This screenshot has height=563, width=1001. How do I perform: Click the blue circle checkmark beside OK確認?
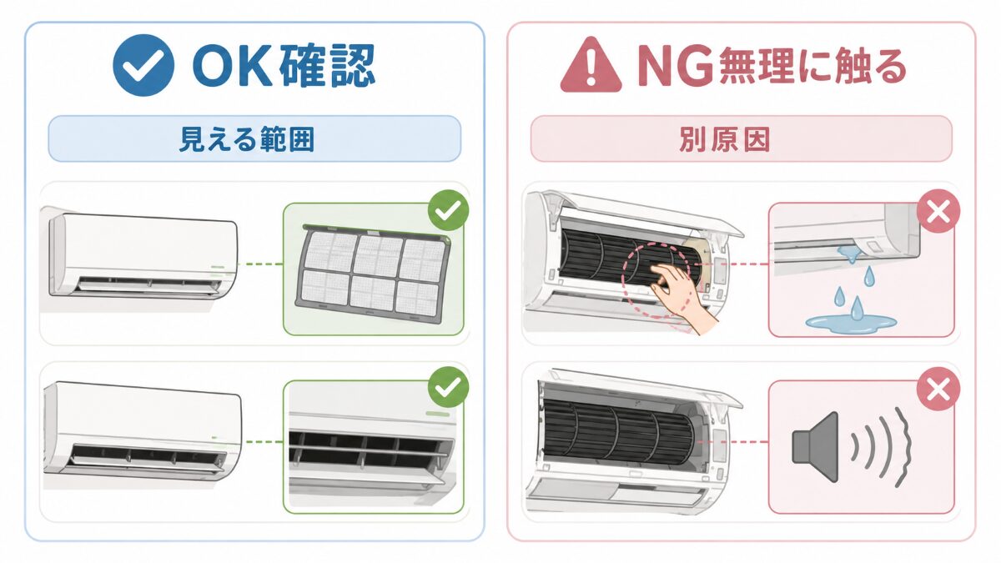point(143,65)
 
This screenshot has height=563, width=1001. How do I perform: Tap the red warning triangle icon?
point(591,65)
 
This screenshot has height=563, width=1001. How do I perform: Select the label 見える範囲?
point(247,139)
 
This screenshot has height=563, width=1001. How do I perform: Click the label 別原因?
point(724,139)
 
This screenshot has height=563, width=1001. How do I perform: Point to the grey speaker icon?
point(815,447)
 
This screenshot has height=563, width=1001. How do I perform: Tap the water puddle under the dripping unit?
point(851,323)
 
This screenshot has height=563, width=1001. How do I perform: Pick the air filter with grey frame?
point(373,274)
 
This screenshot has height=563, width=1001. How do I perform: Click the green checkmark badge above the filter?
point(448,210)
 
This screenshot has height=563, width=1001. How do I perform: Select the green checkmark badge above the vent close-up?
point(448,387)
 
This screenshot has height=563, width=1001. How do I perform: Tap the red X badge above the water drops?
point(938,211)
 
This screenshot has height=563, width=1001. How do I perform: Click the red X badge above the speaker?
point(938,389)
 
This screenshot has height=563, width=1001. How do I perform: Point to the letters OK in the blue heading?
point(232,66)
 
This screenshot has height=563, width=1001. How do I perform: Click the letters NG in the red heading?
point(675,66)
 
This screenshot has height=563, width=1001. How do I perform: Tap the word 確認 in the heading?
point(327,66)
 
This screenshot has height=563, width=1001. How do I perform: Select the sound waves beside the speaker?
point(880,447)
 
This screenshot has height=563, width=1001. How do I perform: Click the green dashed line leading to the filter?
point(260,264)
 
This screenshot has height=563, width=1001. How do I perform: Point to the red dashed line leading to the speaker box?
point(732,442)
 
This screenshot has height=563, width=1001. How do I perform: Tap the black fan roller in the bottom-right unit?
point(619,431)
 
